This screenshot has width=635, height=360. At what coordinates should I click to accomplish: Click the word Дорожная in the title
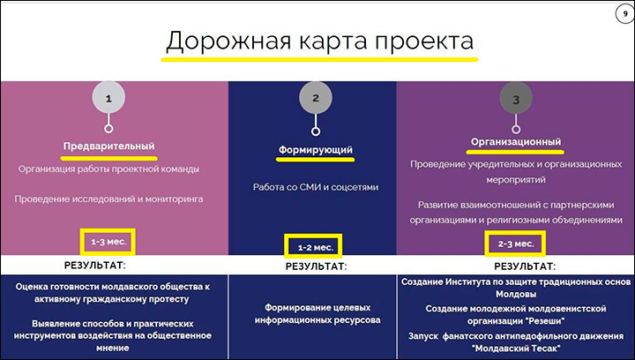click(228, 41)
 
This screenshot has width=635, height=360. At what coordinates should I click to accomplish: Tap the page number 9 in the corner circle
click(625, 14)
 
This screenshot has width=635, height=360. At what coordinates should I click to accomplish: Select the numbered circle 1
click(108, 98)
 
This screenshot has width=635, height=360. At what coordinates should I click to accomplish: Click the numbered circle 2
click(316, 98)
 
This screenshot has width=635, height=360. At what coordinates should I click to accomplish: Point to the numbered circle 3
click(516, 99)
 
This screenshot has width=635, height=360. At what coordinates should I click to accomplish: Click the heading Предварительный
click(109, 146)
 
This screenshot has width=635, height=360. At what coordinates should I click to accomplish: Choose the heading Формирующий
click(316, 150)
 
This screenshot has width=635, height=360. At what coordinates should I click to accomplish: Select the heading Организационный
click(516, 142)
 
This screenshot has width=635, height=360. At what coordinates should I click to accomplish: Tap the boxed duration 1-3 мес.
click(108, 242)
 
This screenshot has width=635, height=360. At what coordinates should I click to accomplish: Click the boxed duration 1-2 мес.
click(313, 246)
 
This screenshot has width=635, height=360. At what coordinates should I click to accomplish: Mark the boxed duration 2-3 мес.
click(515, 244)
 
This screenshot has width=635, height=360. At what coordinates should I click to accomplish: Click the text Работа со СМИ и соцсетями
click(316, 187)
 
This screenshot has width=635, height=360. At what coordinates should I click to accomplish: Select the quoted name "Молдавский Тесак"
click(516, 349)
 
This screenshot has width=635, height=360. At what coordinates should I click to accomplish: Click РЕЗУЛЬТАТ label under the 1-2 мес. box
click(317, 266)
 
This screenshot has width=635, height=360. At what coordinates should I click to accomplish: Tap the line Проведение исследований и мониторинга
click(109, 199)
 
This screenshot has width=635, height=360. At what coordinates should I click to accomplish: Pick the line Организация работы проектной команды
click(109, 169)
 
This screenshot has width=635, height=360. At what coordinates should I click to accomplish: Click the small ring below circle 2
click(316, 131)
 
